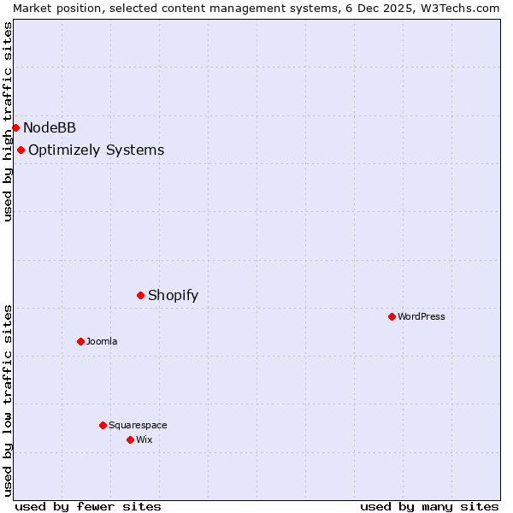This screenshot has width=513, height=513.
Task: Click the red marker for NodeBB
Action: click(x=15, y=127)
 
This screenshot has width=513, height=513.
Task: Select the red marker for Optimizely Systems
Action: click(x=21, y=150)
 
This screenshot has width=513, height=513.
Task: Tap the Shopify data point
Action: click(x=140, y=295)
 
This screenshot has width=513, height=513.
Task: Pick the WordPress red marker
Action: click(x=392, y=316)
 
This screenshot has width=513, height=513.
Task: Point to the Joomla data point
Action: click(x=80, y=341)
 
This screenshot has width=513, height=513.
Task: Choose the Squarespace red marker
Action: click(x=103, y=425)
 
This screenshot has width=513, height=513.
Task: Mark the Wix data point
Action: click(x=130, y=439)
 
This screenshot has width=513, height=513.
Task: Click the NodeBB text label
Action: click(x=50, y=128)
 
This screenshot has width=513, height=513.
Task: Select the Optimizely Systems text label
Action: click(x=96, y=150)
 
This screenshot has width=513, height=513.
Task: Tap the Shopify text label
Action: click(x=173, y=296)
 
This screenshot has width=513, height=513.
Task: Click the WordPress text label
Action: click(x=422, y=316)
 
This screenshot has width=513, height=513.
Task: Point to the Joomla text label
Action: click(x=102, y=341)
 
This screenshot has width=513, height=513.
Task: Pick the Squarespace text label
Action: click(x=138, y=425)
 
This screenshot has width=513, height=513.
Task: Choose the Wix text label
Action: click(x=144, y=439)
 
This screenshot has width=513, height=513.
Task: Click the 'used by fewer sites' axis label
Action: click(x=88, y=506)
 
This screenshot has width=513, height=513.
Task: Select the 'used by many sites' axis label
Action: click(x=429, y=506)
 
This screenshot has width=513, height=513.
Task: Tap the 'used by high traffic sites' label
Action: click(x=8, y=121)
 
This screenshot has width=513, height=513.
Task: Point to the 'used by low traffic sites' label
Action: click(x=8, y=400)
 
